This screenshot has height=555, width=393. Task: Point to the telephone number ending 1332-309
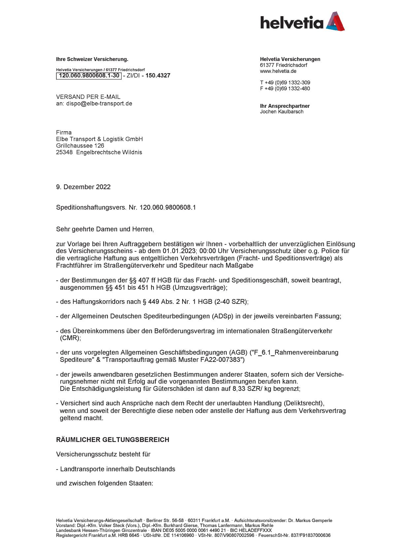click(x=285, y=83)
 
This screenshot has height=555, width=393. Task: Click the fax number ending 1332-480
click(x=285, y=89)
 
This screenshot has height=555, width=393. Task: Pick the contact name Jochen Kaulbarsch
click(x=281, y=112)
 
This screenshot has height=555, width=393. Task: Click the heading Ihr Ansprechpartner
click(x=284, y=106)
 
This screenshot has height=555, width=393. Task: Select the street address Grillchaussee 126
click(x=80, y=146)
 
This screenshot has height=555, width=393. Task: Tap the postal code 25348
click(x=64, y=152)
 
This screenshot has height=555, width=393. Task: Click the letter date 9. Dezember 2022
click(x=83, y=187)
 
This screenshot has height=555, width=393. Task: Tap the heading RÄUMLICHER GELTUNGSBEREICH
click(x=113, y=440)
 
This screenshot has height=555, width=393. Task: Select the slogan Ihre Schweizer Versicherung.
click(x=92, y=60)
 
